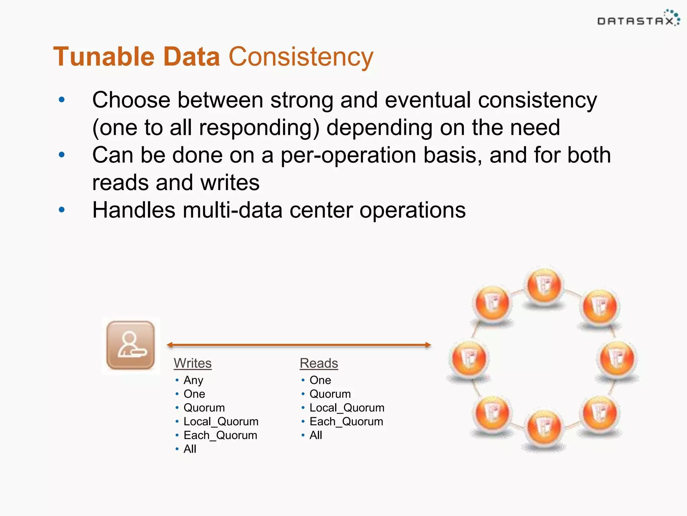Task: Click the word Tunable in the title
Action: pos(104,57)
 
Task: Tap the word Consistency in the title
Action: pos(301,57)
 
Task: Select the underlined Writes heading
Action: pos(193,363)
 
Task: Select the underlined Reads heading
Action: pos(319,363)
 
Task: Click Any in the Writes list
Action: pos(193,380)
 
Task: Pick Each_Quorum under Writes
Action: pos(220,435)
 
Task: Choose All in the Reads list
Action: pos(316,435)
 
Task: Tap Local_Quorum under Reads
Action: pos(347,408)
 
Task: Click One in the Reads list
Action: pos(320,380)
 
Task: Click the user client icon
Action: pos(130,345)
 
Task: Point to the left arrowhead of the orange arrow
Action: pos(170,345)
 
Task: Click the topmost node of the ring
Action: pos(544,286)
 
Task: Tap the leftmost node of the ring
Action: pos(469,358)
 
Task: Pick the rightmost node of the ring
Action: pos(617,358)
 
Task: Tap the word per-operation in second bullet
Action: pos(348,155)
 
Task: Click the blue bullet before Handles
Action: pos(62,210)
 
